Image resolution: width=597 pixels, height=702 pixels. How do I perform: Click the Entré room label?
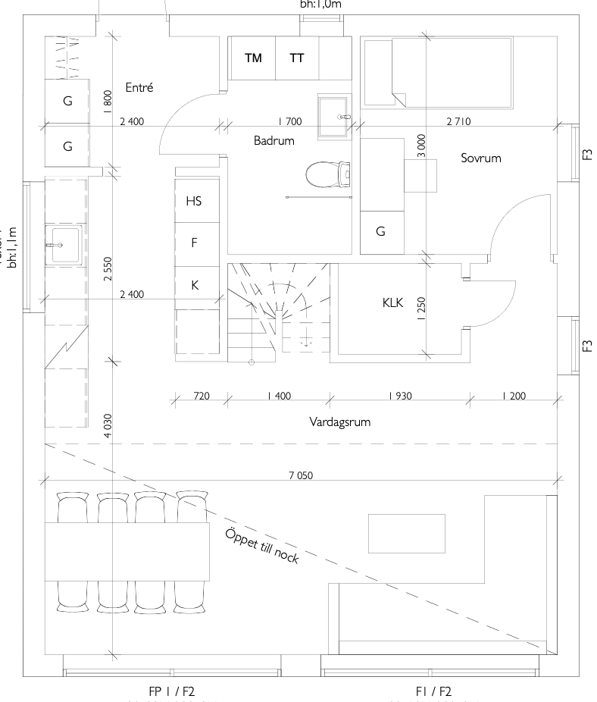click(x=139, y=88)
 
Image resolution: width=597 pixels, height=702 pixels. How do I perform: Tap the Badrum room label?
click(x=274, y=140)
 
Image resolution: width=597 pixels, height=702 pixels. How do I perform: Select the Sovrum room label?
click(x=481, y=158)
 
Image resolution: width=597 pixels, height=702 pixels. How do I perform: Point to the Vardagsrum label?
click(x=340, y=422)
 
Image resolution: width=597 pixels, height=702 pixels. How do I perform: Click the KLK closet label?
click(x=392, y=302)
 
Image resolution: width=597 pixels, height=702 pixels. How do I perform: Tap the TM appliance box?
click(x=253, y=58)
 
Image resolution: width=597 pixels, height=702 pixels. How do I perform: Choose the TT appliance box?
click(x=296, y=58)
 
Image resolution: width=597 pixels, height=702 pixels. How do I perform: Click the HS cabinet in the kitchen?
click(x=195, y=201)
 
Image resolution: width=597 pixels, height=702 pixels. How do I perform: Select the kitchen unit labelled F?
click(x=195, y=243)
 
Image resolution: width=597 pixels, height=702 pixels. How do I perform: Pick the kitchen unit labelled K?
click(x=195, y=286)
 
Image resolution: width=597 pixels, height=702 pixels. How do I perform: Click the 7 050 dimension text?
click(x=301, y=475)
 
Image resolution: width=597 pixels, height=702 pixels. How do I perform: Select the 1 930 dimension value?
click(x=400, y=396)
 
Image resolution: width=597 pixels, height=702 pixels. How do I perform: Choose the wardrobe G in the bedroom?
click(x=380, y=232)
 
